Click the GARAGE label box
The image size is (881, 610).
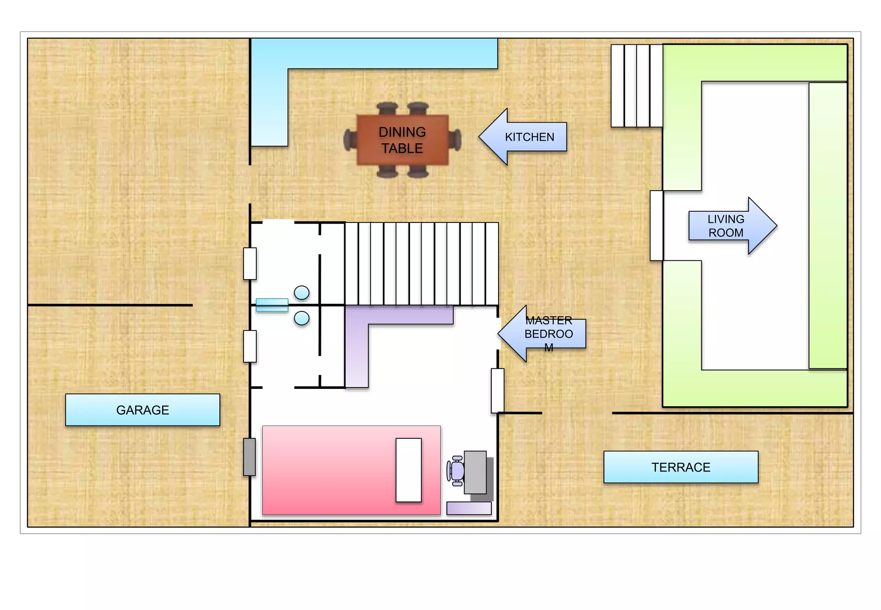pyautogui.click(x=142, y=410)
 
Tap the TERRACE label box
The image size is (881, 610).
pyautogui.click(x=681, y=467)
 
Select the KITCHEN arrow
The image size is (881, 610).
pyautogui.click(x=523, y=137)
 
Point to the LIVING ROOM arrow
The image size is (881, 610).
pyautogui.click(x=733, y=226)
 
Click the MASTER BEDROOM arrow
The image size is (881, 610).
pyautogui.click(x=542, y=333)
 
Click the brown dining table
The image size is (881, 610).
pyautogui.click(x=403, y=140)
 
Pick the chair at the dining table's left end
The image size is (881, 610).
pyautogui.click(x=350, y=140)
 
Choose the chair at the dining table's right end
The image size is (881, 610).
pyautogui.click(x=455, y=140)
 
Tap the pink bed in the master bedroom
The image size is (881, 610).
pyautogui.click(x=351, y=470)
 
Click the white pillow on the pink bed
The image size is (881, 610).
pyautogui.click(x=409, y=470)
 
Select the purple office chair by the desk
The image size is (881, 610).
pyautogui.click(x=456, y=471)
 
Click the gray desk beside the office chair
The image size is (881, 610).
pyautogui.click(x=475, y=472)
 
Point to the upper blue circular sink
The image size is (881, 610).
pyautogui.click(x=302, y=293)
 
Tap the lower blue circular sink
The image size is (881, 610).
pyautogui.click(x=302, y=318)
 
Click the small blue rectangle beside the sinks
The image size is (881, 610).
pyautogui.click(x=272, y=305)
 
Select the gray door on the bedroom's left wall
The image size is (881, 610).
pyautogui.click(x=250, y=457)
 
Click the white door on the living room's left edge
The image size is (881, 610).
pyautogui.click(x=656, y=225)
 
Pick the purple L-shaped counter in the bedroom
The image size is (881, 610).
pyautogui.click(x=357, y=344)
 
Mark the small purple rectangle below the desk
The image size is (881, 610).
pyautogui.click(x=469, y=508)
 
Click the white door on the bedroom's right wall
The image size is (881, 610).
pyautogui.click(x=498, y=391)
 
